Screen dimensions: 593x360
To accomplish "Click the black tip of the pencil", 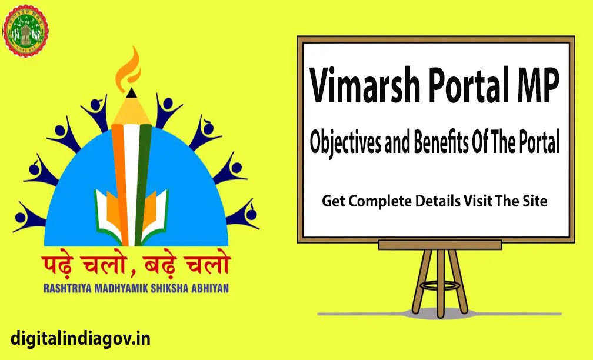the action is (x=131, y=93).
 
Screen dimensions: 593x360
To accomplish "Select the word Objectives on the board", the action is (x=345, y=142).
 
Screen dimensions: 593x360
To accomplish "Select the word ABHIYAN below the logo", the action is (x=210, y=288).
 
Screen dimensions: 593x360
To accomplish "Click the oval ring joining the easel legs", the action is (x=440, y=285).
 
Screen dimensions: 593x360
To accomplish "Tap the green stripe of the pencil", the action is (x=144, y=182).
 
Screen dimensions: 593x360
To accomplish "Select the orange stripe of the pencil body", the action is (x=119, y=182).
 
